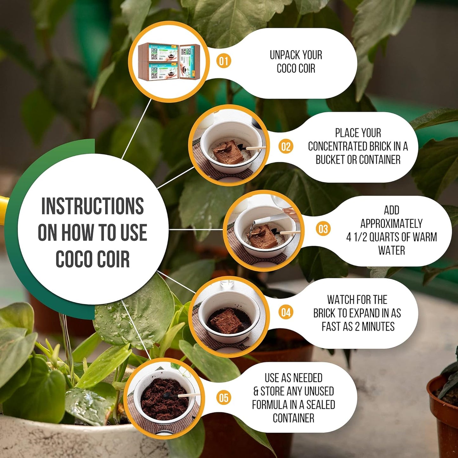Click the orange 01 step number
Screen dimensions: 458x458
coord(224,61)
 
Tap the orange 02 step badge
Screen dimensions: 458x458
coord(286,147)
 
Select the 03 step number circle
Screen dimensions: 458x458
coord(323,229)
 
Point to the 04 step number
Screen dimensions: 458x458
coord(286,313)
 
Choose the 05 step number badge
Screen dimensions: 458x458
coord(224,398)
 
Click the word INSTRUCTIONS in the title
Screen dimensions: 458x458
coord(93,206)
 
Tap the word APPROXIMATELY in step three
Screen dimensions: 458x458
coord(391,223)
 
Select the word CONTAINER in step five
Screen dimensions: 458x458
coord(294,418)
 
